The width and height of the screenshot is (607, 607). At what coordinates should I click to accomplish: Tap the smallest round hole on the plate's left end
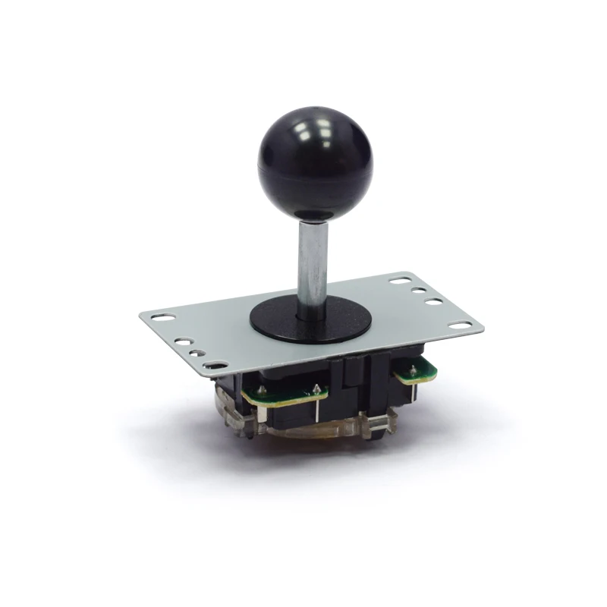coord(197,352)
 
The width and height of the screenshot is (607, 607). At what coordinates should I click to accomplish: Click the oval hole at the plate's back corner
coord(400,280)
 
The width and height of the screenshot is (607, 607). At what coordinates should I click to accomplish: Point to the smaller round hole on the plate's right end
coord(418,290)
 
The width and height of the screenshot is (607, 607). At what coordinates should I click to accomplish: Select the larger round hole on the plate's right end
coord(434,302)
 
